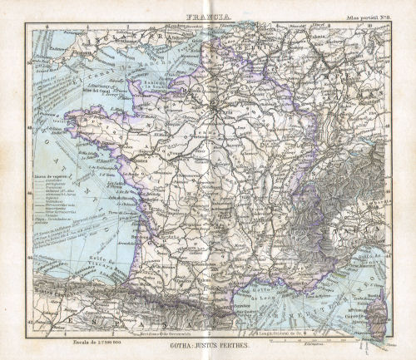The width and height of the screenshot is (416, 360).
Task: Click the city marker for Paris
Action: pos(219,108)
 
